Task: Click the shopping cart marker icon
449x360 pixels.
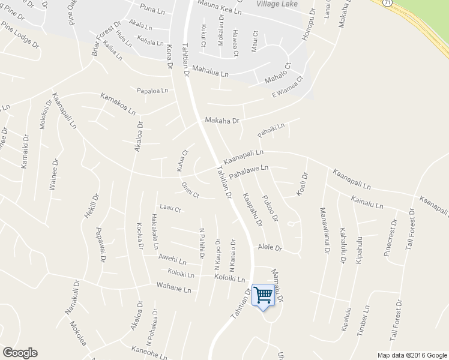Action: click(262, 295)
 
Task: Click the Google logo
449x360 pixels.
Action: click(20, 353)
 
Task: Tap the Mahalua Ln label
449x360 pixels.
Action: click(210, 73)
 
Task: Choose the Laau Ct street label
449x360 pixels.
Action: click(170, 209)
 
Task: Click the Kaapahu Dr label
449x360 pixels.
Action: click(253, 209)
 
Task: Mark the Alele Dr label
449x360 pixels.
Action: click(270, 247)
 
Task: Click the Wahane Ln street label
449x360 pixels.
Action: click(174, 290)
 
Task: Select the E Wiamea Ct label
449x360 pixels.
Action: click(288, 87)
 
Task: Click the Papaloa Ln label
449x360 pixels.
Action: click(152, 91)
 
